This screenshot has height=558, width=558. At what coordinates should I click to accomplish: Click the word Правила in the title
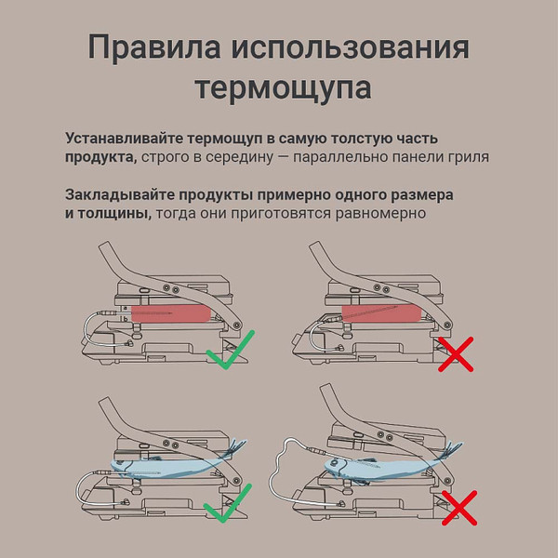coord(154,47)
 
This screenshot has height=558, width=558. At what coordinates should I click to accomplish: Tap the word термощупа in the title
coord(284,87)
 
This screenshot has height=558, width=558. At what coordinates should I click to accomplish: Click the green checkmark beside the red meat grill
coord(231,350)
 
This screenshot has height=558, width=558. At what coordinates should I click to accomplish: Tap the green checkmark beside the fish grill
coord(228,503)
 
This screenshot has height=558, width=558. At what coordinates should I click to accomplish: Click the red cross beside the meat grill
coord(456,354)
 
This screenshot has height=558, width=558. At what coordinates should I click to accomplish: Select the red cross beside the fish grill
coord(459,508)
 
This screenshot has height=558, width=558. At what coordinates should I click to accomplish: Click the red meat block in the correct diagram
coord(171,313)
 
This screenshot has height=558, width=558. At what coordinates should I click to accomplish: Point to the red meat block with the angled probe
coord(382,313)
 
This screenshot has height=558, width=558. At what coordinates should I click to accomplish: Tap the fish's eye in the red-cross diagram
coord(334,463)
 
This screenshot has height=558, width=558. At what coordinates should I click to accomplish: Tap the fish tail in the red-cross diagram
coord(451,451)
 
